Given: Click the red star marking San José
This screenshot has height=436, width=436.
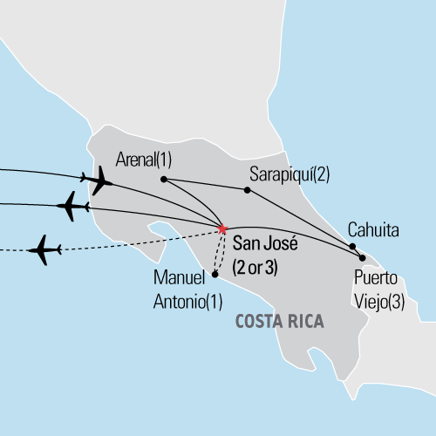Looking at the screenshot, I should click(x=223, y=229).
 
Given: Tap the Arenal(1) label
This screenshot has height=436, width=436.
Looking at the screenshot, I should click(x=145, y=160).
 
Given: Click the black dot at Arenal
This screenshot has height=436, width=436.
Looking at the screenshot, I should click(x=163, y=180).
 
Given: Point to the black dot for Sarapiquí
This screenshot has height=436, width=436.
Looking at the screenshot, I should click(x=248, y=190).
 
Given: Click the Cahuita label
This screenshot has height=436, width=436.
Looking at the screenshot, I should click(x=373, y=231).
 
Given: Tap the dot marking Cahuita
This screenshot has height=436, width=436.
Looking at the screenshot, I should click(x=353, y=246).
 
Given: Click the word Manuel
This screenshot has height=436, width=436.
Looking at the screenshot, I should click(x=175, y=279).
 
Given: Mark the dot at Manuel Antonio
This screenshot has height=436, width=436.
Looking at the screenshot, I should click(x=215, y=275).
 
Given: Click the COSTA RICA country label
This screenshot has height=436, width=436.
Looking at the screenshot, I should click(x=280, y=323).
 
